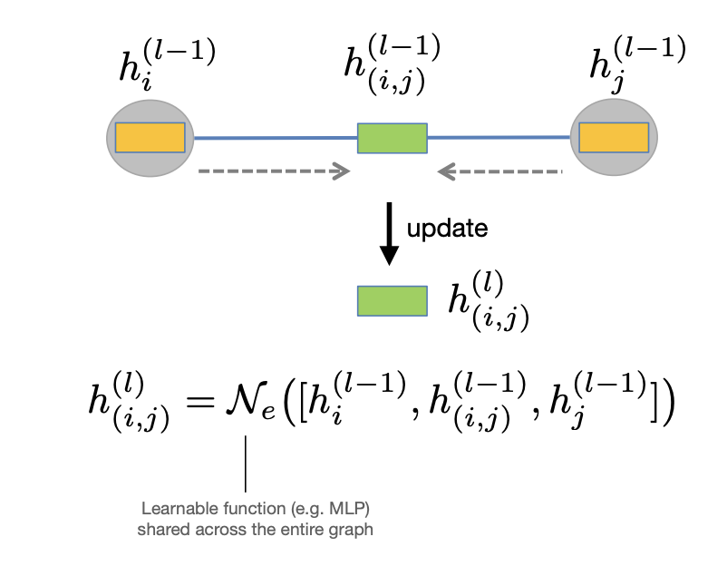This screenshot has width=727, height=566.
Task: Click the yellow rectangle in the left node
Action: pos(150,138)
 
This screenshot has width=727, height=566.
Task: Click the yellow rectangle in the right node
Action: pos(614,138)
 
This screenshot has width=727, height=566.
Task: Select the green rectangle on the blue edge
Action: pos(392,138)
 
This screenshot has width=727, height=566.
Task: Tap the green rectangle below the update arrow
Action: pos(392,300)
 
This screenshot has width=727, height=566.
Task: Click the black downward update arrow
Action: pos(389,236)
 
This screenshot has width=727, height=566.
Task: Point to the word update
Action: pos(447,229)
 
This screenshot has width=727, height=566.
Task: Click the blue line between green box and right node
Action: pos(498,137)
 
